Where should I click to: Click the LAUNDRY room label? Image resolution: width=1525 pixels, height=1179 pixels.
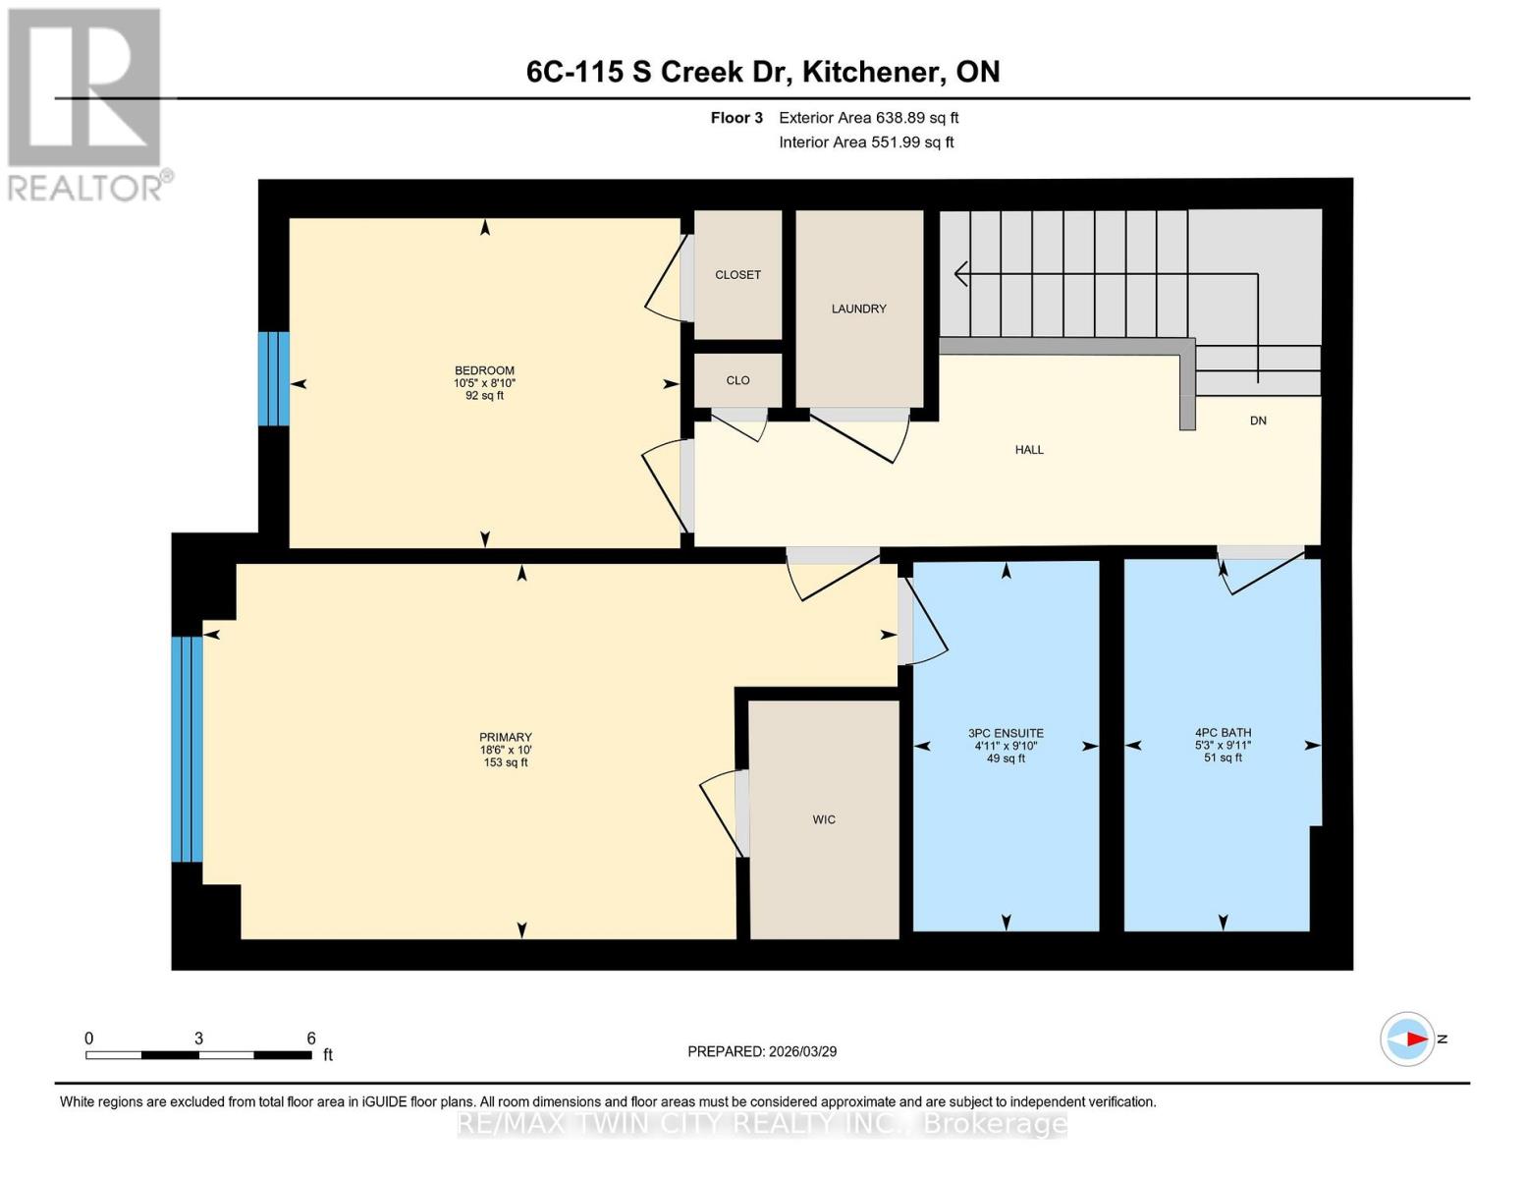(x=858, y=309)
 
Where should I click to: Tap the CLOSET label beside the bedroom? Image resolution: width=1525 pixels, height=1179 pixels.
(x=737, y=275)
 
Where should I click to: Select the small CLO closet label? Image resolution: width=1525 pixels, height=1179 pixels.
(x=737, y=380)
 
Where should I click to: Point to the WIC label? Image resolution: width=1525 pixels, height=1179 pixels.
(x=824, y=819)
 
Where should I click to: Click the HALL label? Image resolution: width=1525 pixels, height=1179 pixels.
(x=1029, y=450)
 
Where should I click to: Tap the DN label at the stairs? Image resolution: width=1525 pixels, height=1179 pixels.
(x=1258, y=421)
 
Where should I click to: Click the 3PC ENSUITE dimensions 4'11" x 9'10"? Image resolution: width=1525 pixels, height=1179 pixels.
(x=1006, y=746)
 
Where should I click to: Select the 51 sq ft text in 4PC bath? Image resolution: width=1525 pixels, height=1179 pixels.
(x=1223, y=758)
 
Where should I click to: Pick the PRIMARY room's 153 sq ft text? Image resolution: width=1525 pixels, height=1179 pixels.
(x=506, y=762)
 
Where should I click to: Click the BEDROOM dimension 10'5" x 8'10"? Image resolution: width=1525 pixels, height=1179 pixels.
(x=484, y=383)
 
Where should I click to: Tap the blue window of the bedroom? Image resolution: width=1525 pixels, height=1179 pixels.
(x=274, y=378)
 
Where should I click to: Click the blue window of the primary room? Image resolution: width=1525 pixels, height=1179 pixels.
(x=187, y=749)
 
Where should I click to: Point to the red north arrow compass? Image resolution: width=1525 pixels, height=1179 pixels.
(x=1407, y=1039)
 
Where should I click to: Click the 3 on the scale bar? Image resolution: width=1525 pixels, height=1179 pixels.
(x=198, y=1039)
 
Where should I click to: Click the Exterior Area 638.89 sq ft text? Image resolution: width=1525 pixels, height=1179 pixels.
(x=868, y=118)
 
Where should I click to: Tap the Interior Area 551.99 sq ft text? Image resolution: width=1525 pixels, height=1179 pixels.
(x=866, y=142)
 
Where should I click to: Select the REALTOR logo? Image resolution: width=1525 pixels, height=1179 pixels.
(x=85, y=103)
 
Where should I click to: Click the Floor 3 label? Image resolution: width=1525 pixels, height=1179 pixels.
(x=736, y=118)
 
